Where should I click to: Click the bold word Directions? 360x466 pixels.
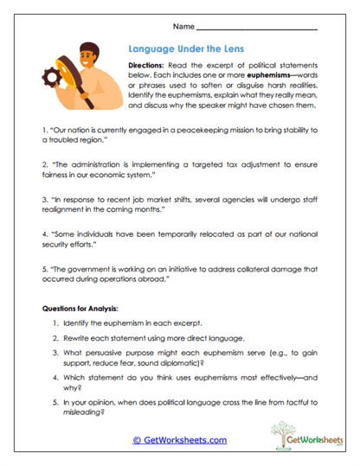pos(151,66)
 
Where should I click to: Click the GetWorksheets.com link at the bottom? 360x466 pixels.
pos(180,440)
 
